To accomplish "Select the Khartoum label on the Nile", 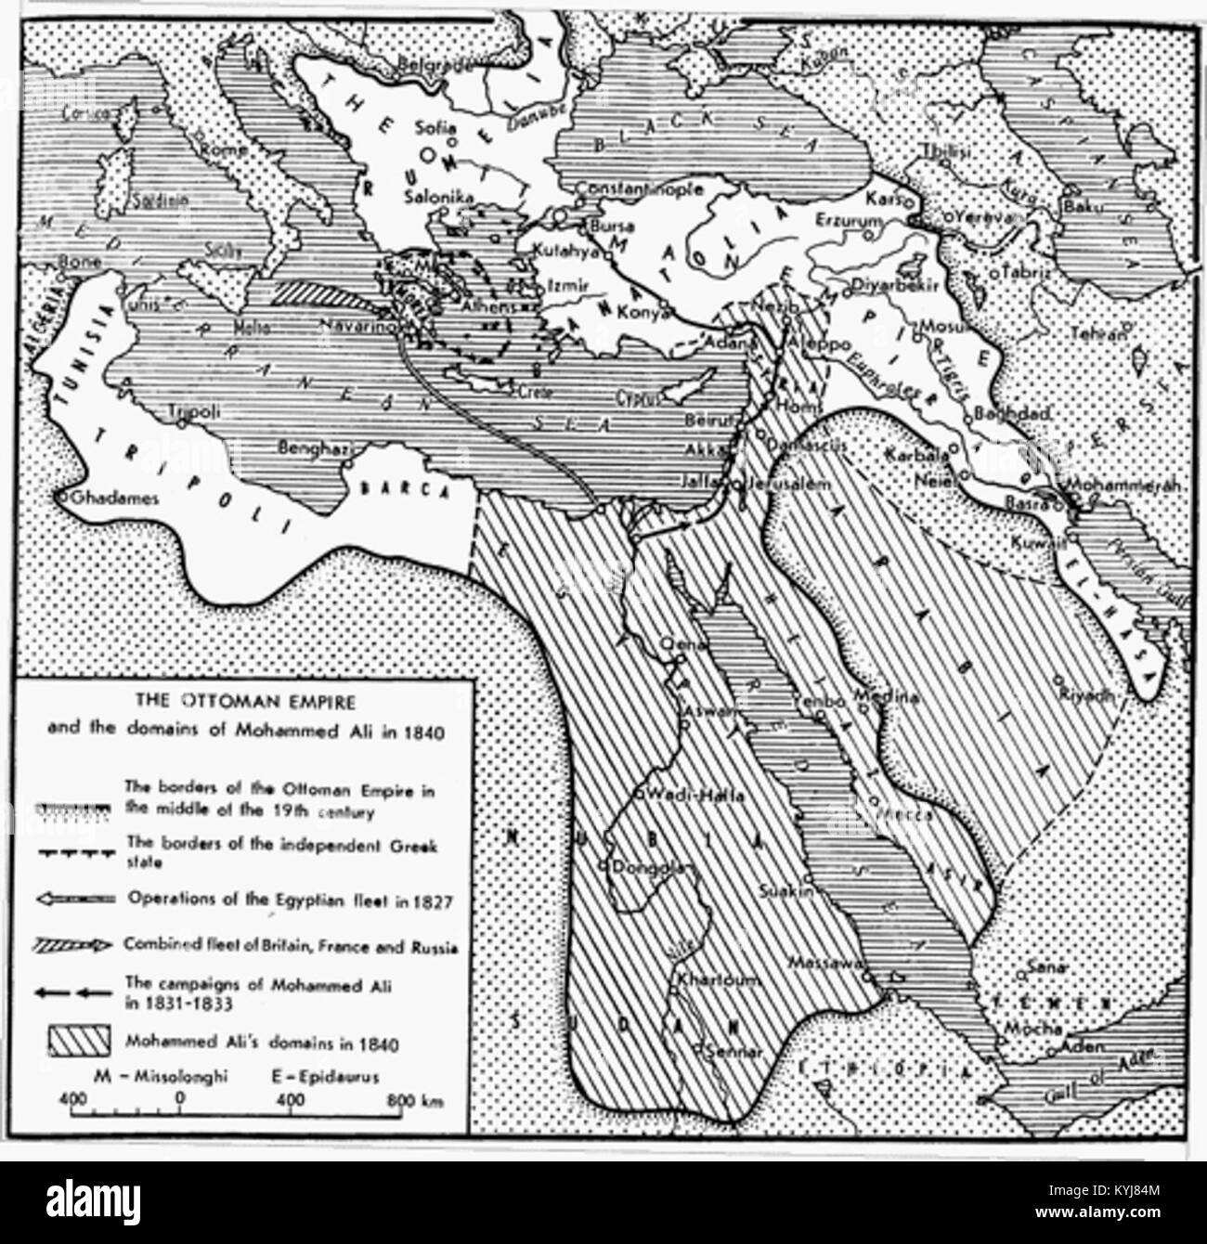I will (708, 980).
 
